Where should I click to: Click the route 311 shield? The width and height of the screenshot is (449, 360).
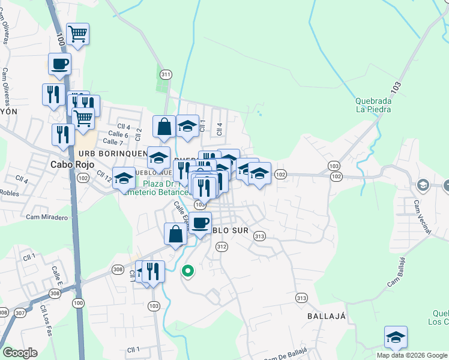coord(166,74)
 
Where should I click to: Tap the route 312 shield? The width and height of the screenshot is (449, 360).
coord(221,247)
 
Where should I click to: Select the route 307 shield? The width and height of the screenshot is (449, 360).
coord(20,313)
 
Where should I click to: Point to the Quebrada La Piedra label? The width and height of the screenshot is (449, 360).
coord(373,105)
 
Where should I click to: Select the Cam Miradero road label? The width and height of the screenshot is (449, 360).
coord(47,217)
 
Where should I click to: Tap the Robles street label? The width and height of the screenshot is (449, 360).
coord(9,193)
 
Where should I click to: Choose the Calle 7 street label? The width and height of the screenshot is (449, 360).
coord(113,142)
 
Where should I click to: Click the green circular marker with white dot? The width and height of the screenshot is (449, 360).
coord(188,271)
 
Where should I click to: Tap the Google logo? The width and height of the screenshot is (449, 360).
coord(20,353)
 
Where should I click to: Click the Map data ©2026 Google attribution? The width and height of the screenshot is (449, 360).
coord(412,355)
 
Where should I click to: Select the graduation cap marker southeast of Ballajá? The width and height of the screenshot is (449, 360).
coord(396,338)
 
